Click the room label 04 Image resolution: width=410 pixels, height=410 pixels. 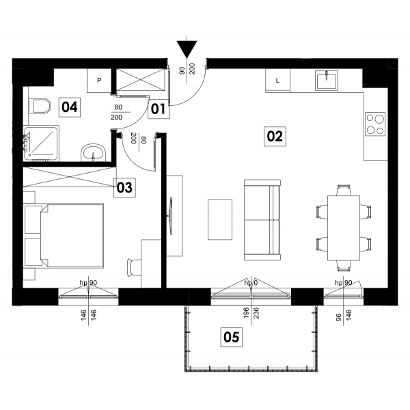click(x=70, y=107)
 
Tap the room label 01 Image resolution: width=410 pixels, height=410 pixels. click(x=159, y=109)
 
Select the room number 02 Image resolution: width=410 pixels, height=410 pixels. click(x=275, y=137)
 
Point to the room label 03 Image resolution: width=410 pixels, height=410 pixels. click(x=124, y=188)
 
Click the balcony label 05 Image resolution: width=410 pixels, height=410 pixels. click(x=232, y=338)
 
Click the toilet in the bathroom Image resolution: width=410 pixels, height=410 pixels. click(x=39, y=106)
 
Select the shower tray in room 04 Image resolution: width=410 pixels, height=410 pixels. click(x=41, y=143)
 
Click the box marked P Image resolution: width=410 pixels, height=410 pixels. click(x=99, y=80)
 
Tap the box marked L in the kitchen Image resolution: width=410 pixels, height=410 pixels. click(x=277, y=81)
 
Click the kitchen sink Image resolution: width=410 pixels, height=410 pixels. click(x=327, y=80)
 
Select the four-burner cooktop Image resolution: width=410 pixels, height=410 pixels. click(x=375, y=124)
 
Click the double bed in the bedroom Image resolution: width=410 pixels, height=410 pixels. click(x=64, y=236)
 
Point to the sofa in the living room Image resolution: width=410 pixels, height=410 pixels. click(x=262, y=220)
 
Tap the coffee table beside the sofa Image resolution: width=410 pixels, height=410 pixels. click(x=220, y=219)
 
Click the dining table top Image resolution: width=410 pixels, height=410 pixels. click(x=344, y=228)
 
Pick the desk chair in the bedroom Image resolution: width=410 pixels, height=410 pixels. click(x=134, y=267)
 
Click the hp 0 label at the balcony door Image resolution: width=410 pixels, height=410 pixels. click(x=251, y=283)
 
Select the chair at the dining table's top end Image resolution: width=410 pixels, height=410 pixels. click(x=344, y=190)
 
